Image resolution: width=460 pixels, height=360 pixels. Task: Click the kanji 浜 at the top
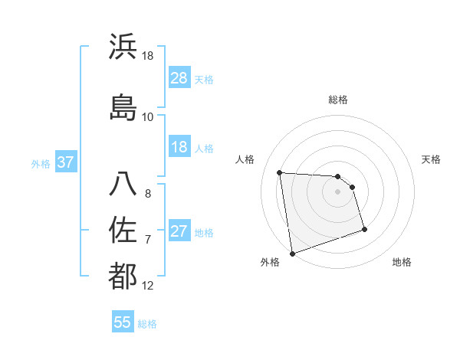coord(123,47)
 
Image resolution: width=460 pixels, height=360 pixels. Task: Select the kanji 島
coord(123,107)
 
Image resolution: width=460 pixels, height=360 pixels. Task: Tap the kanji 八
coord(123,184)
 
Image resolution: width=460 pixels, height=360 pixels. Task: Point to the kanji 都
coord(123,276)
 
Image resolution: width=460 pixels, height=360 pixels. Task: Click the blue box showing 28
coord(179,78)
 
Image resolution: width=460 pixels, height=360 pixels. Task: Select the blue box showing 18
coord(179,147)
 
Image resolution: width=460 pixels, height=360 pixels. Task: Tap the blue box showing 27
coord(179,231)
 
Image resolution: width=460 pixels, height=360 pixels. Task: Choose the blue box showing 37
coord(66,162)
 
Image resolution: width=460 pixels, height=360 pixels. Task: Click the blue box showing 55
coord(123,322)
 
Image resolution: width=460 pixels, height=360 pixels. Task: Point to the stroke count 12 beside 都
coord(148,286)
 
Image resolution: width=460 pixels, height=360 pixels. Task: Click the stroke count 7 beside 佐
coord(148,240)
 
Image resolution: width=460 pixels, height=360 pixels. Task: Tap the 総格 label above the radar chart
coord(337,100)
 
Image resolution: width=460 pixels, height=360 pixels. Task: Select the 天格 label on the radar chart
coord(431,159)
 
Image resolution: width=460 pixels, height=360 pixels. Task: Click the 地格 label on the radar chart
coord(402,262)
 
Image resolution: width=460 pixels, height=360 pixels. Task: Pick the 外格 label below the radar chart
coord(270,262)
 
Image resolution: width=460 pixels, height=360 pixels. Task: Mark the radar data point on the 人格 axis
coord(280,172)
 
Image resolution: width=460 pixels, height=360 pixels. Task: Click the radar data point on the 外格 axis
coord(291,253)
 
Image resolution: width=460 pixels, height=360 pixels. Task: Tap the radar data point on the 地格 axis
coord(364,229)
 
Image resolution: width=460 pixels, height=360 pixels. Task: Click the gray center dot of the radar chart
coord(337,191)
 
